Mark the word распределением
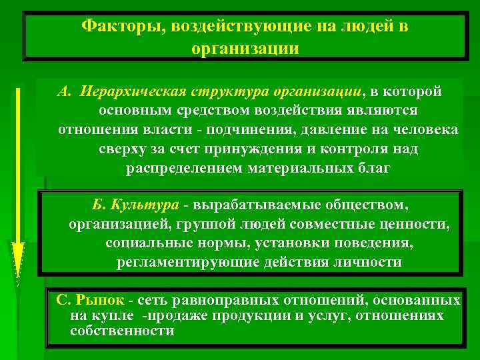coord(185,167)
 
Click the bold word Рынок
coord(100,300)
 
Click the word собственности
coord(122,331)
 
